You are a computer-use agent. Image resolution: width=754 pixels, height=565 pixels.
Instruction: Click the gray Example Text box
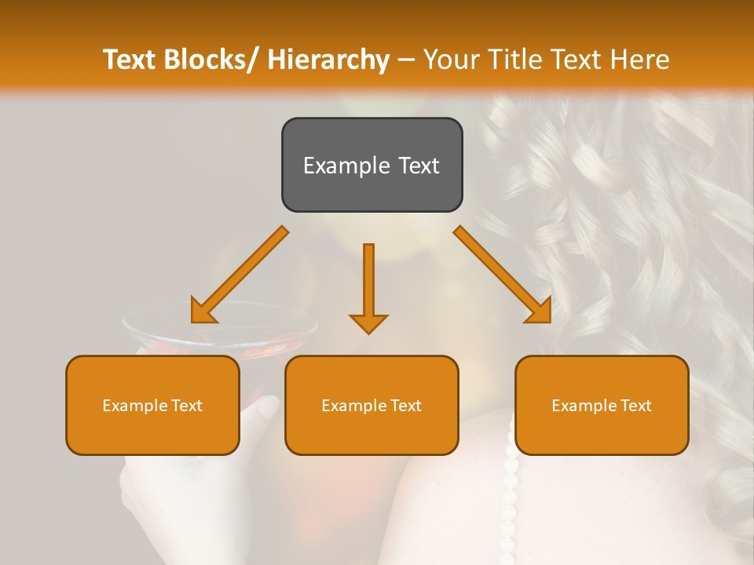coord(372,165)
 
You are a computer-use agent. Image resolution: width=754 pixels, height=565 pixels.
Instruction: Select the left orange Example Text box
coord(152,405)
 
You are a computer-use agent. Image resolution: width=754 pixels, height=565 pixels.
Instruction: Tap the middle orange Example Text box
coord(372,405)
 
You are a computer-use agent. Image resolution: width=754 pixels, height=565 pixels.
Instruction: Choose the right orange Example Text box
coord(602,405)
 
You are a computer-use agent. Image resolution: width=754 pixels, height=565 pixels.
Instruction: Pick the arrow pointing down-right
coord(503,275)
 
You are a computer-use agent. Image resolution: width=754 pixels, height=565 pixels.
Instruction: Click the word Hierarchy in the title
coord(328,60)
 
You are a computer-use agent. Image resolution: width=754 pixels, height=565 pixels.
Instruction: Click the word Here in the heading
coord(640,60)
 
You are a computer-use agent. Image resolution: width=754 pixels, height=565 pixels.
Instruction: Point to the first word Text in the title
coord(129,60)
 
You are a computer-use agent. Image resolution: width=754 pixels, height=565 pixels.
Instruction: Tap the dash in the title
coord(406,60)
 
